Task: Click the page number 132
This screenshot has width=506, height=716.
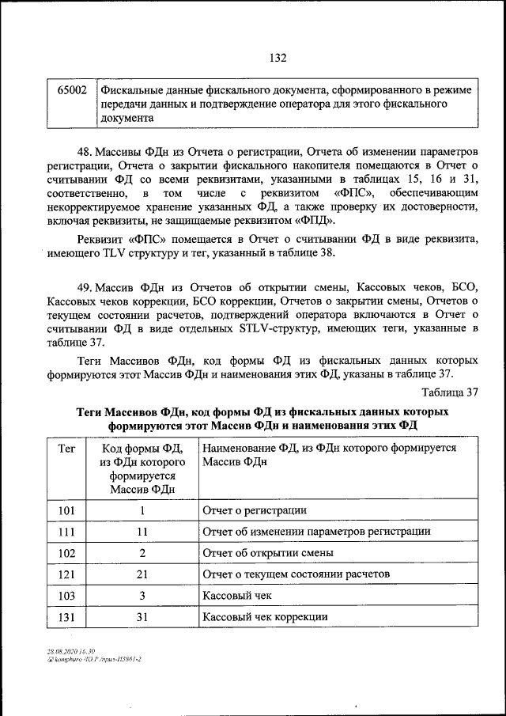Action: click(x=277, y=58)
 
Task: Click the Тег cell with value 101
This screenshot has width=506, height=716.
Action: click(x=67, y=510)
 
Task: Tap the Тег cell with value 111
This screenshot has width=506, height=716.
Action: click(x=67, y=532)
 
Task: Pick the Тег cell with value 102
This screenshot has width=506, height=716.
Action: click(x=67, y=553)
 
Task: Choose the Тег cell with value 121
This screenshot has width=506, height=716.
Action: click(x=67, y=574)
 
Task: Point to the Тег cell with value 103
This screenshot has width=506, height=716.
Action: click(x=67, y=595)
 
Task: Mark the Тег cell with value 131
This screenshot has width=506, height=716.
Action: click(x=67, y=616)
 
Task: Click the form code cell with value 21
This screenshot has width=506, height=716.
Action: click(x=142, y=574)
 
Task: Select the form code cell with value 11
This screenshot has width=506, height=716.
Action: click(x=142, y=532)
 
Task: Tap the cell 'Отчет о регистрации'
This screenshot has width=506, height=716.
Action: click(x=255, y=510)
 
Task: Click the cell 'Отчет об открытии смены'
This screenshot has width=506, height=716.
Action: click(x=267, y=553)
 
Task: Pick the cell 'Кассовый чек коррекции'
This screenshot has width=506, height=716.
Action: click(x=265, y=616)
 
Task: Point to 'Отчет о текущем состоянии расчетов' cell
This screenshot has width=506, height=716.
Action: click(x=296, y=574)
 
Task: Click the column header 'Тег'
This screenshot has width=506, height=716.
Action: click(x=67, y=449)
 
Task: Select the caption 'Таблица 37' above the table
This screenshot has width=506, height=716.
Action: click(x=450, y=392)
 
